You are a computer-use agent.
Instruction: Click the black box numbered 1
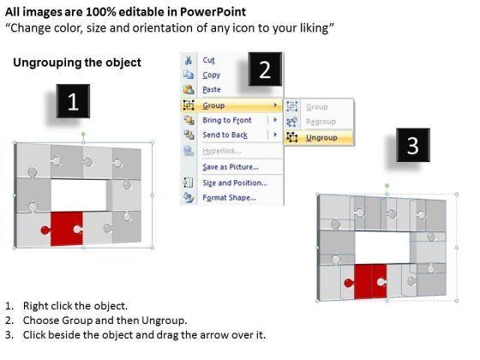pos(73,101)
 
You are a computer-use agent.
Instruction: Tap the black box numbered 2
pos(265,69)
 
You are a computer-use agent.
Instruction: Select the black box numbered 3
pos(413,145)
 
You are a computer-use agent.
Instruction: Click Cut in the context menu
pos(208,60)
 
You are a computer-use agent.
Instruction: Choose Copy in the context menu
pos(211,75)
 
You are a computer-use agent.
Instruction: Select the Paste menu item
pos(212,89)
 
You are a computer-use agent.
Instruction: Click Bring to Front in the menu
pos(227,120)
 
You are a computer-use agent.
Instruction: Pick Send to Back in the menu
pos(225,135)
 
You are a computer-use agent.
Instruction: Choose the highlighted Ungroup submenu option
pos(321,138)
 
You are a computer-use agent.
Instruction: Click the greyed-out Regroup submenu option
pos(321,122)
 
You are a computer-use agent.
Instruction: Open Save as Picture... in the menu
pos(231,167)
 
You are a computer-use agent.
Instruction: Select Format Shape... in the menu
pos(230,197)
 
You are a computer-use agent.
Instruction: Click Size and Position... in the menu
pos(235,183)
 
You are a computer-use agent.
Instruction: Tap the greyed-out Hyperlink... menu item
pos(222,151)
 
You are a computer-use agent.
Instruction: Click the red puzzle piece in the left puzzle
pos(64,229)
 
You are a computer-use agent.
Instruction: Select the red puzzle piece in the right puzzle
pos(369,281)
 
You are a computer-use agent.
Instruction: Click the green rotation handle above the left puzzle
pos(83,134)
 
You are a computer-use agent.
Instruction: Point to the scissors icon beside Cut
pos(189,60)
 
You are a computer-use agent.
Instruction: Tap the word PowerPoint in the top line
pos(213,12)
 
